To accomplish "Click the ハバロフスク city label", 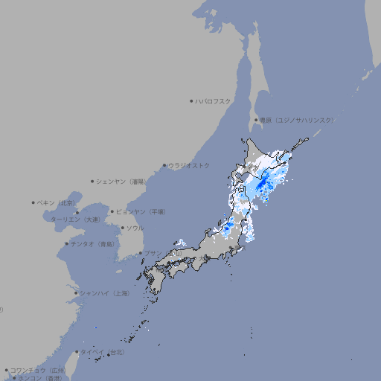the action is tap(214, 100).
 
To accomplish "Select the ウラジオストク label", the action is tap(189, 165).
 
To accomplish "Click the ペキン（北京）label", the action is tap(57, 202).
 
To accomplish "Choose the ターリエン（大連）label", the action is tap(75, 220).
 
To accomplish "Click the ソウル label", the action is tap(134, 228).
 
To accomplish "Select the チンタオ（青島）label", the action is tap(92, 243).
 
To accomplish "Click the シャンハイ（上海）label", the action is tap(105, 293).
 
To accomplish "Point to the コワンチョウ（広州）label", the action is tap(38, 370).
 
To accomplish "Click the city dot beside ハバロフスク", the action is tap(191, 100).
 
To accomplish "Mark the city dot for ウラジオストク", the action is tap(164, 165).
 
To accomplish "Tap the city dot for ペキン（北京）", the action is tap(33, 202).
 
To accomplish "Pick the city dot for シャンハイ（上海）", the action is tap(76, 293).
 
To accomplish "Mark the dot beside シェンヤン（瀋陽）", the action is tap(92, 181).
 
